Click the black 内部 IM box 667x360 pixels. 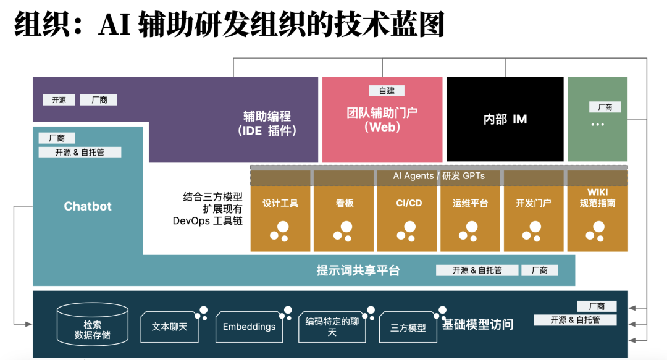(505, 119)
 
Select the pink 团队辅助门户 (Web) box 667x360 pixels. (382, 120)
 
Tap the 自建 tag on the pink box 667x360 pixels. (387, 91)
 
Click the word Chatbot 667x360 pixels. (88, 206)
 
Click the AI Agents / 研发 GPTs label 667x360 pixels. (438, 176)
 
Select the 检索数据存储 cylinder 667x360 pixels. (93, 326)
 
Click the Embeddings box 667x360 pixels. (249, 327)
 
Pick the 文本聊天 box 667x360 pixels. (169, 326)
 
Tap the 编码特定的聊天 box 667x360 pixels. (332, 327)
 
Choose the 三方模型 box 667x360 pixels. (408, 328)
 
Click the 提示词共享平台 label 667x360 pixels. (358, 270)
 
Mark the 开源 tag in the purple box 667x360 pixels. (59, 99)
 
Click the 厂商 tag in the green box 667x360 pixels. (605, 107)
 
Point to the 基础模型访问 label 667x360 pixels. (477, 324)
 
